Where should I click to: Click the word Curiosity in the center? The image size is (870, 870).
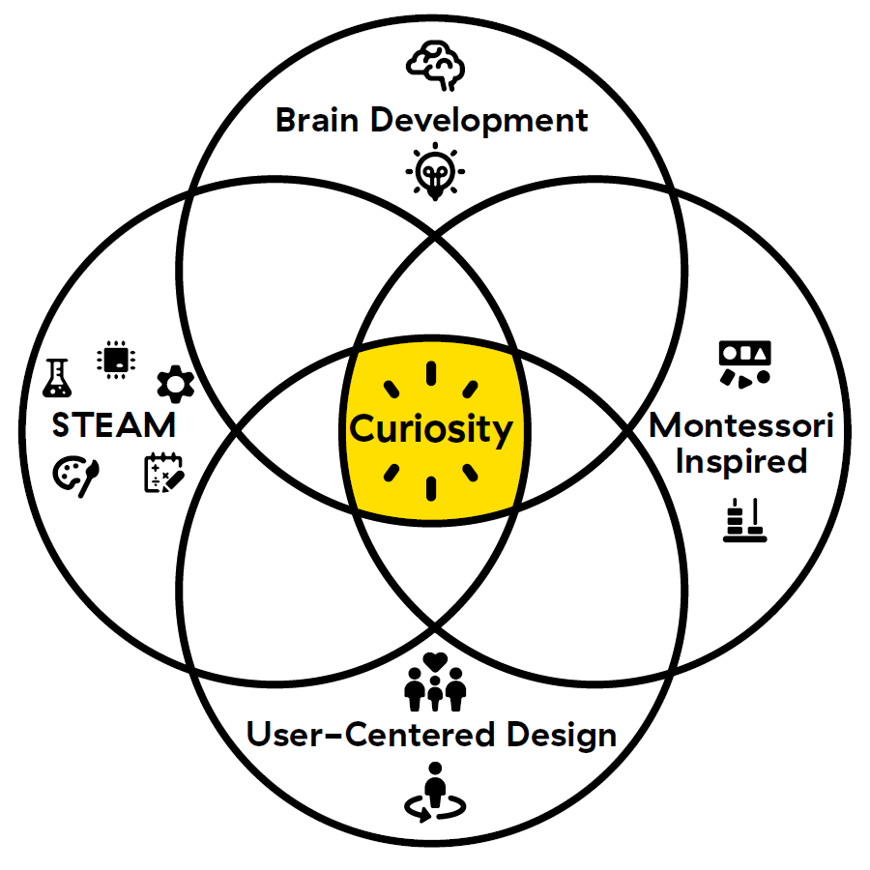click(431, 428)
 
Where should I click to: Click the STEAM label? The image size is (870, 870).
click(114, 424)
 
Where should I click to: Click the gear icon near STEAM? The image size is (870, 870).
click(175, 385)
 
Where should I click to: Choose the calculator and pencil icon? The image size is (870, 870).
click(163, 473)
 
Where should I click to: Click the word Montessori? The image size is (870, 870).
click(740, 425)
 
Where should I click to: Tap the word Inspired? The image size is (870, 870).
click(740, 461)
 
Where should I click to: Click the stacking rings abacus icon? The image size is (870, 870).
click(744, 520)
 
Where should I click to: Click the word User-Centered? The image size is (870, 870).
click(362, 735)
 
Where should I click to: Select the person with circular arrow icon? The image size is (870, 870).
click(434, 791)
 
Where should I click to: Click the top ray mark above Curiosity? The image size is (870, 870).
click(432, 375)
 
